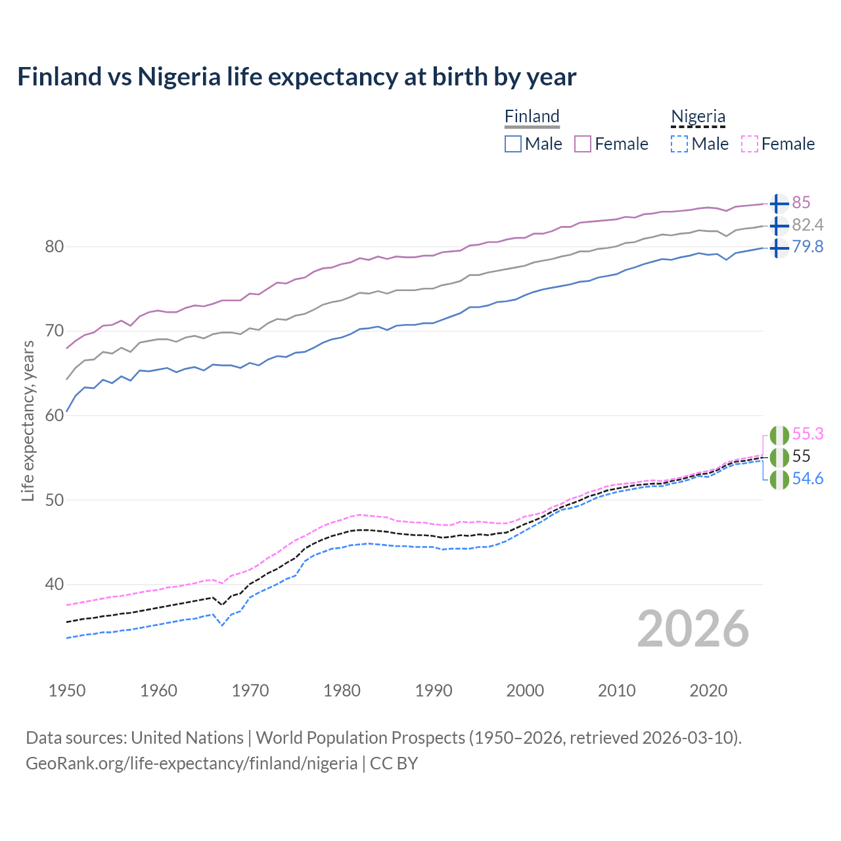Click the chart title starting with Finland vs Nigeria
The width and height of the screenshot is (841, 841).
pos(296,77)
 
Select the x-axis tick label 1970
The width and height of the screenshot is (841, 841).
pos(250,691)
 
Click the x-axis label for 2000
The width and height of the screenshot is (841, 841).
pos(525,691)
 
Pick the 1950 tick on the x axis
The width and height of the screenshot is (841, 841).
pos(67,691)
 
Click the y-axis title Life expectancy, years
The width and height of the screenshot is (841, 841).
pos(28,420)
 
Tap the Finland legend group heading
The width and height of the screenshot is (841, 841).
pos(532,116)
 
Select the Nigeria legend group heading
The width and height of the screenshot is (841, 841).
pos(698,116)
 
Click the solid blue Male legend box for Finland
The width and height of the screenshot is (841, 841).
pos(513,144)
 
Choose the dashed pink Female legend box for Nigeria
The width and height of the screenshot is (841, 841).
pos(750,144)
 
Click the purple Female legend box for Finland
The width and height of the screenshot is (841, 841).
pos(583,144)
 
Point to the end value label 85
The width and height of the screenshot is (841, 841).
pos(801,202)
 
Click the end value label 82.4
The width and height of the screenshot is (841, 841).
pos(807,225)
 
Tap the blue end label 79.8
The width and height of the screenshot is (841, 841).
pos(807,247)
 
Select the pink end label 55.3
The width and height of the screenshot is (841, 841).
pos(807,434)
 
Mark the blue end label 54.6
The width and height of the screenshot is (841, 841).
pos(807,478)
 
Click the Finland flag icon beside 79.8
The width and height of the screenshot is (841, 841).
pos(779,248)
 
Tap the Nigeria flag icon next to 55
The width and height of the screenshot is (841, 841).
pos(779,457)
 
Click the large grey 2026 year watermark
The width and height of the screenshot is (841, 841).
pos(693,629)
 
